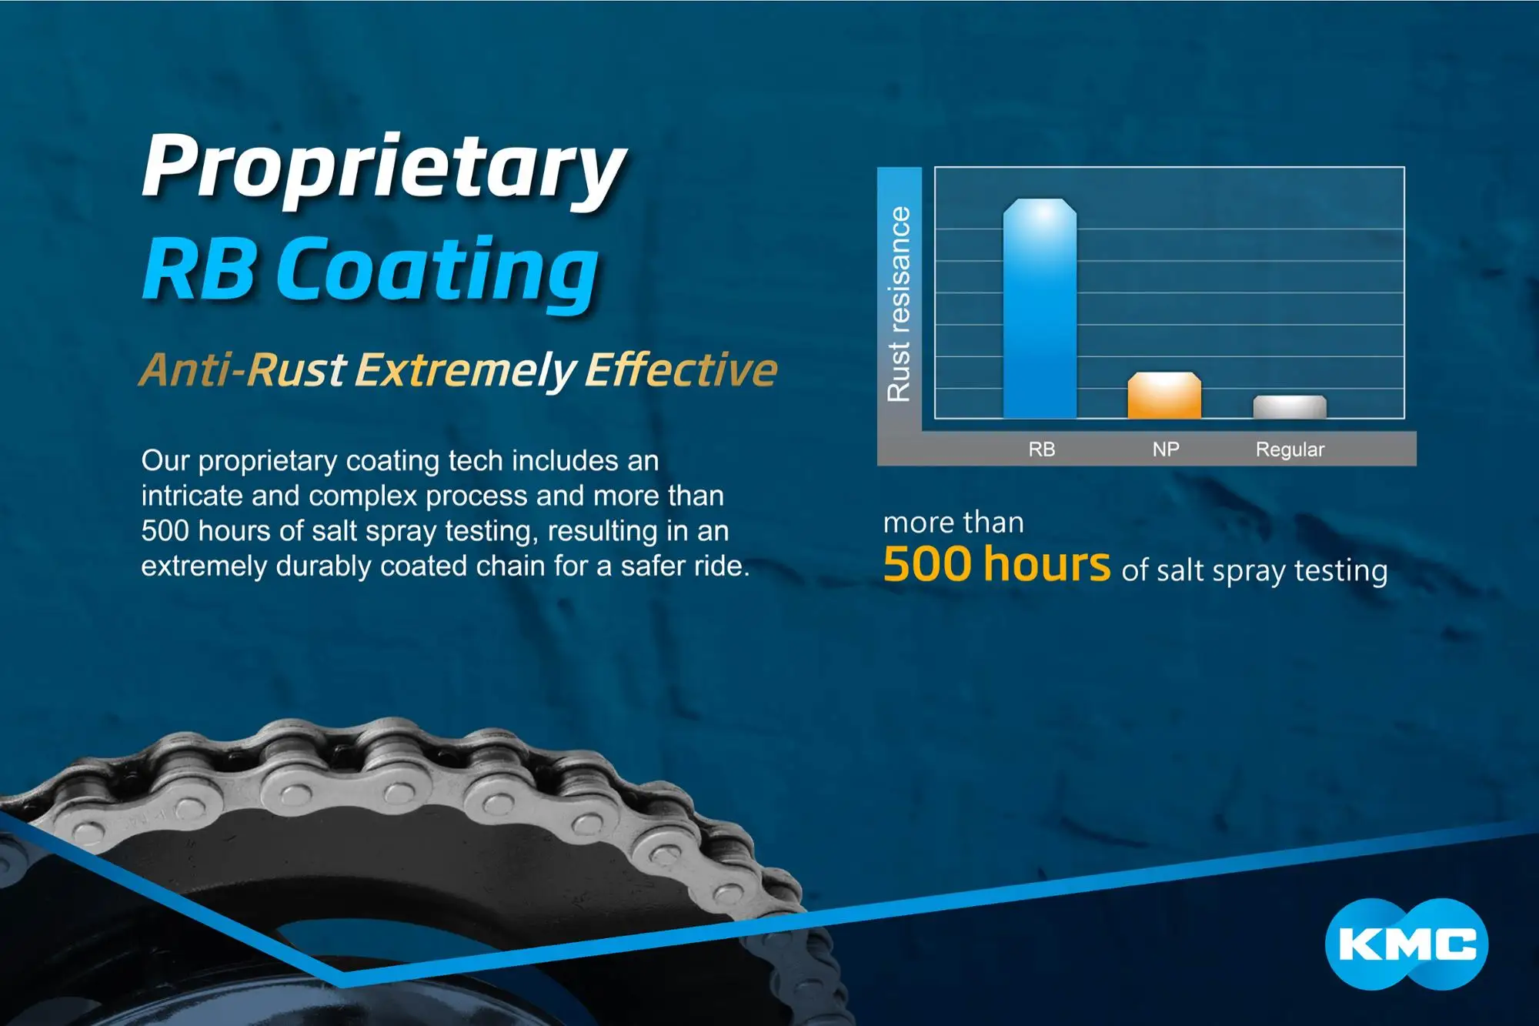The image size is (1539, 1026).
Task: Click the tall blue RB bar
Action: [x=1040, y=309]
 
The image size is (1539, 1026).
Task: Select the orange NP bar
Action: [x=1164, y=396]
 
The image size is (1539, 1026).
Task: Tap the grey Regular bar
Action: [x=1290, y=407]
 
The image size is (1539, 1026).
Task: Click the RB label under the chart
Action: [x=1042, y=450]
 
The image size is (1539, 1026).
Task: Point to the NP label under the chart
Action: [x=1166, y=450]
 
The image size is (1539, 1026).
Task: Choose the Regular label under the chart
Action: [x=1290, y=450]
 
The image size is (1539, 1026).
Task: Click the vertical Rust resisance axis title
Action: [x=899, y=304]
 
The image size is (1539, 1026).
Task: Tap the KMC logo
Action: [x=1407, y=944]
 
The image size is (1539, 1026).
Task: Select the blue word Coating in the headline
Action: [x=437, y=272]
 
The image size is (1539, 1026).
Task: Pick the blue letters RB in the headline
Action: [x=199, y=269]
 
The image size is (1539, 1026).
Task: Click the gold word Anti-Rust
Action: [x=243, y=369]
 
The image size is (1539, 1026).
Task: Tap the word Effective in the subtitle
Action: [x=681, y=369]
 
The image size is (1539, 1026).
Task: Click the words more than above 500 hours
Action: [x=953, y=523]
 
